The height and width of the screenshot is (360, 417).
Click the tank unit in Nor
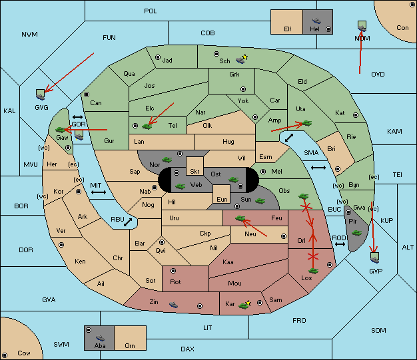click(167, 160)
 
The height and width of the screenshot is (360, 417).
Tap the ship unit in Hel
click(316, 21)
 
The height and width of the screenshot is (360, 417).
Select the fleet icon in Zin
click(173, 305)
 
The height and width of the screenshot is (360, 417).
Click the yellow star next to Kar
click(248, 303)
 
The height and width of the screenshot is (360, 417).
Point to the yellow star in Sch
click(245, 57)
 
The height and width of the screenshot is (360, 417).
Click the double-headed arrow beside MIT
click(99, 192)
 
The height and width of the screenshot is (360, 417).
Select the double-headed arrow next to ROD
click(340, 244)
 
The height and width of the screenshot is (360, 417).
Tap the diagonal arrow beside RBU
click(128, 222)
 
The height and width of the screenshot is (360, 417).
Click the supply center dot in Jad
click(158, 57)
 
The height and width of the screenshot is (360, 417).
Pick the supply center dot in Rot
click(173, 271)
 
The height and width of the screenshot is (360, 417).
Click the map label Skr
click(195, 172)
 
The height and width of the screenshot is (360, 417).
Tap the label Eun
click(222, 199)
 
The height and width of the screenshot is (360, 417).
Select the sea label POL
click(151, 11)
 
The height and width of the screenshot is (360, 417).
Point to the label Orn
click(130, 345)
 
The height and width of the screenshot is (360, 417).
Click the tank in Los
click(313, 271)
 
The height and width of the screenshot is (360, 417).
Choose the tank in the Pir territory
click(356, 233)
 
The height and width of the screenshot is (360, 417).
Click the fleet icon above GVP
click(375, 258)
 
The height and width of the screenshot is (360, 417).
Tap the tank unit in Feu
click(240, 218)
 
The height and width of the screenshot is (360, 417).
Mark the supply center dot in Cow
click(5, 355)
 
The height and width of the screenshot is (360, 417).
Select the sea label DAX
click(187, 349)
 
